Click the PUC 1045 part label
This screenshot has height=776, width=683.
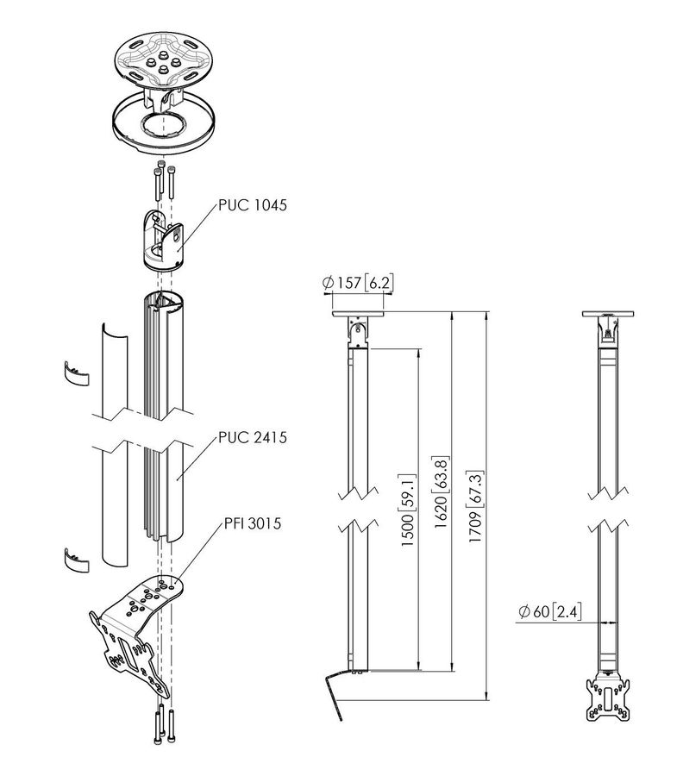point(253,205)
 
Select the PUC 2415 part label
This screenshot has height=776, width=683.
point(253,437)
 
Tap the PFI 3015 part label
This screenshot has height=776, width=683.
point(253,523)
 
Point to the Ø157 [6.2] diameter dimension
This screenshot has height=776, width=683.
point(358,283)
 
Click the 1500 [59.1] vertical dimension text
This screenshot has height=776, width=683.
point(408,510)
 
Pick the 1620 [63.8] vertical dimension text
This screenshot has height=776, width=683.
point(442,491)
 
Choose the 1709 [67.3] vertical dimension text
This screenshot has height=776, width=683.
point(474,506)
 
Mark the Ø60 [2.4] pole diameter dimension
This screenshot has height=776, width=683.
point(550,611)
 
